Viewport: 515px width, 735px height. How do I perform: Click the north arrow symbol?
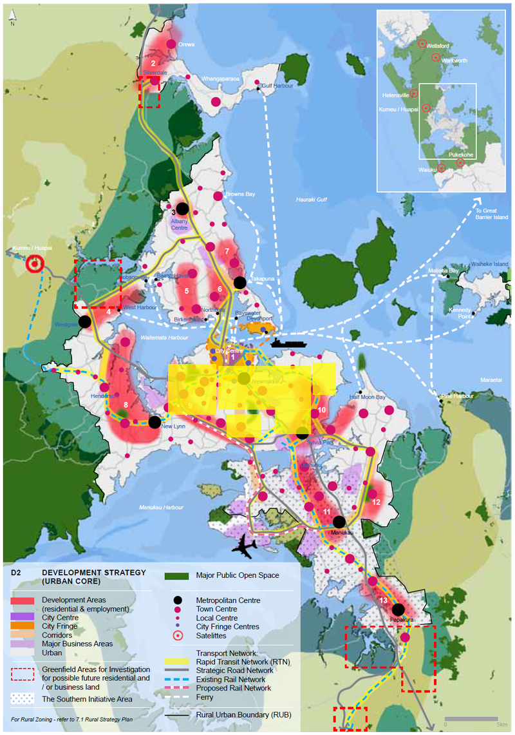click(x=12, y=15)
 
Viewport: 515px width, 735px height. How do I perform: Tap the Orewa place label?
click(x=187, y=44)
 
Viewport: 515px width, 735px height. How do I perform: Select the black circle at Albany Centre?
click(x=182, y=208)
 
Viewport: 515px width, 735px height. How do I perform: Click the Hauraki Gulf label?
click(x=312, y=200)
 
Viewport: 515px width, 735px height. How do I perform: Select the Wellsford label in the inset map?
click(x=438, y=45)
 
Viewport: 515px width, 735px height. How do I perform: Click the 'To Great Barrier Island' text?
click(x=492, y=215)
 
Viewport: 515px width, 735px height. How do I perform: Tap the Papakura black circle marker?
click(x=398, y=609)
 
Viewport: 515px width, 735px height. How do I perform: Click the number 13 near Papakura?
click(x=383, y=600)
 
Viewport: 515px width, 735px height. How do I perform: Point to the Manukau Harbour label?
click(x=162, y=508)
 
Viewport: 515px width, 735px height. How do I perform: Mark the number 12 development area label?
click(x=376, y=501)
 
